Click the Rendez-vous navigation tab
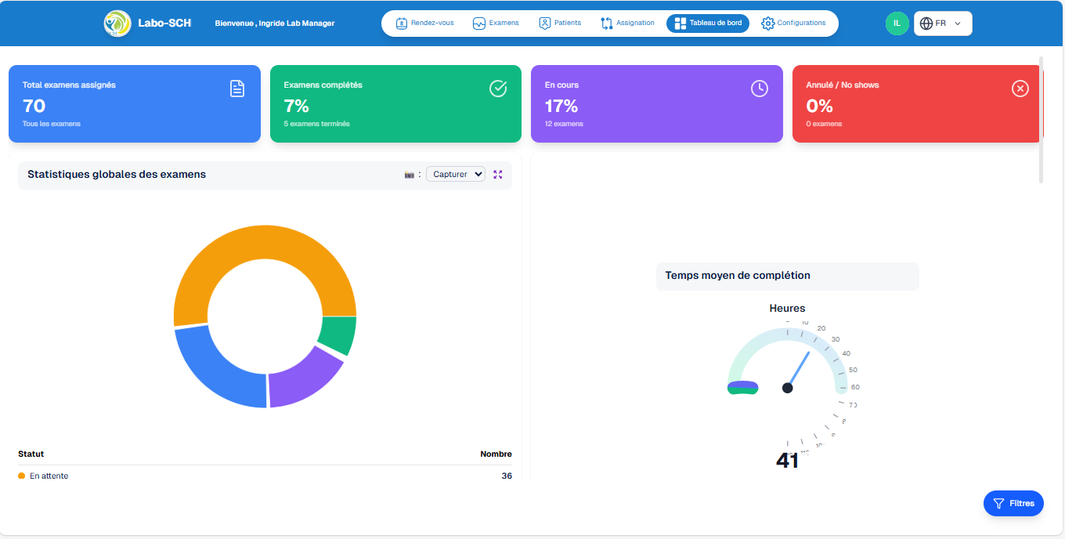click(x=425, y=24)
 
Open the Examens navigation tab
click(x=496, y=24)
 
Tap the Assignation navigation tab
click(x=627, y=24)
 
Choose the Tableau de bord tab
click(x=708, y=24)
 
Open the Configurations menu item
click(x=793, y=24)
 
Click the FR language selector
click(x=942, y=24)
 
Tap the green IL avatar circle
click(x=897, y=24)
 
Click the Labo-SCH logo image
click(x=117, y=24)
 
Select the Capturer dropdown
click(x=456, y=174)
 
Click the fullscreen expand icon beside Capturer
click(x=498, y=174)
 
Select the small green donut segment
click(x=338, y=335)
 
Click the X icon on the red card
click(x=1020, y=89)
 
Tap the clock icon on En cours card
click(x=759, y=89)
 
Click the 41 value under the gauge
click(x=787, y=461)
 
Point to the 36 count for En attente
click(x=506, y=476)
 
